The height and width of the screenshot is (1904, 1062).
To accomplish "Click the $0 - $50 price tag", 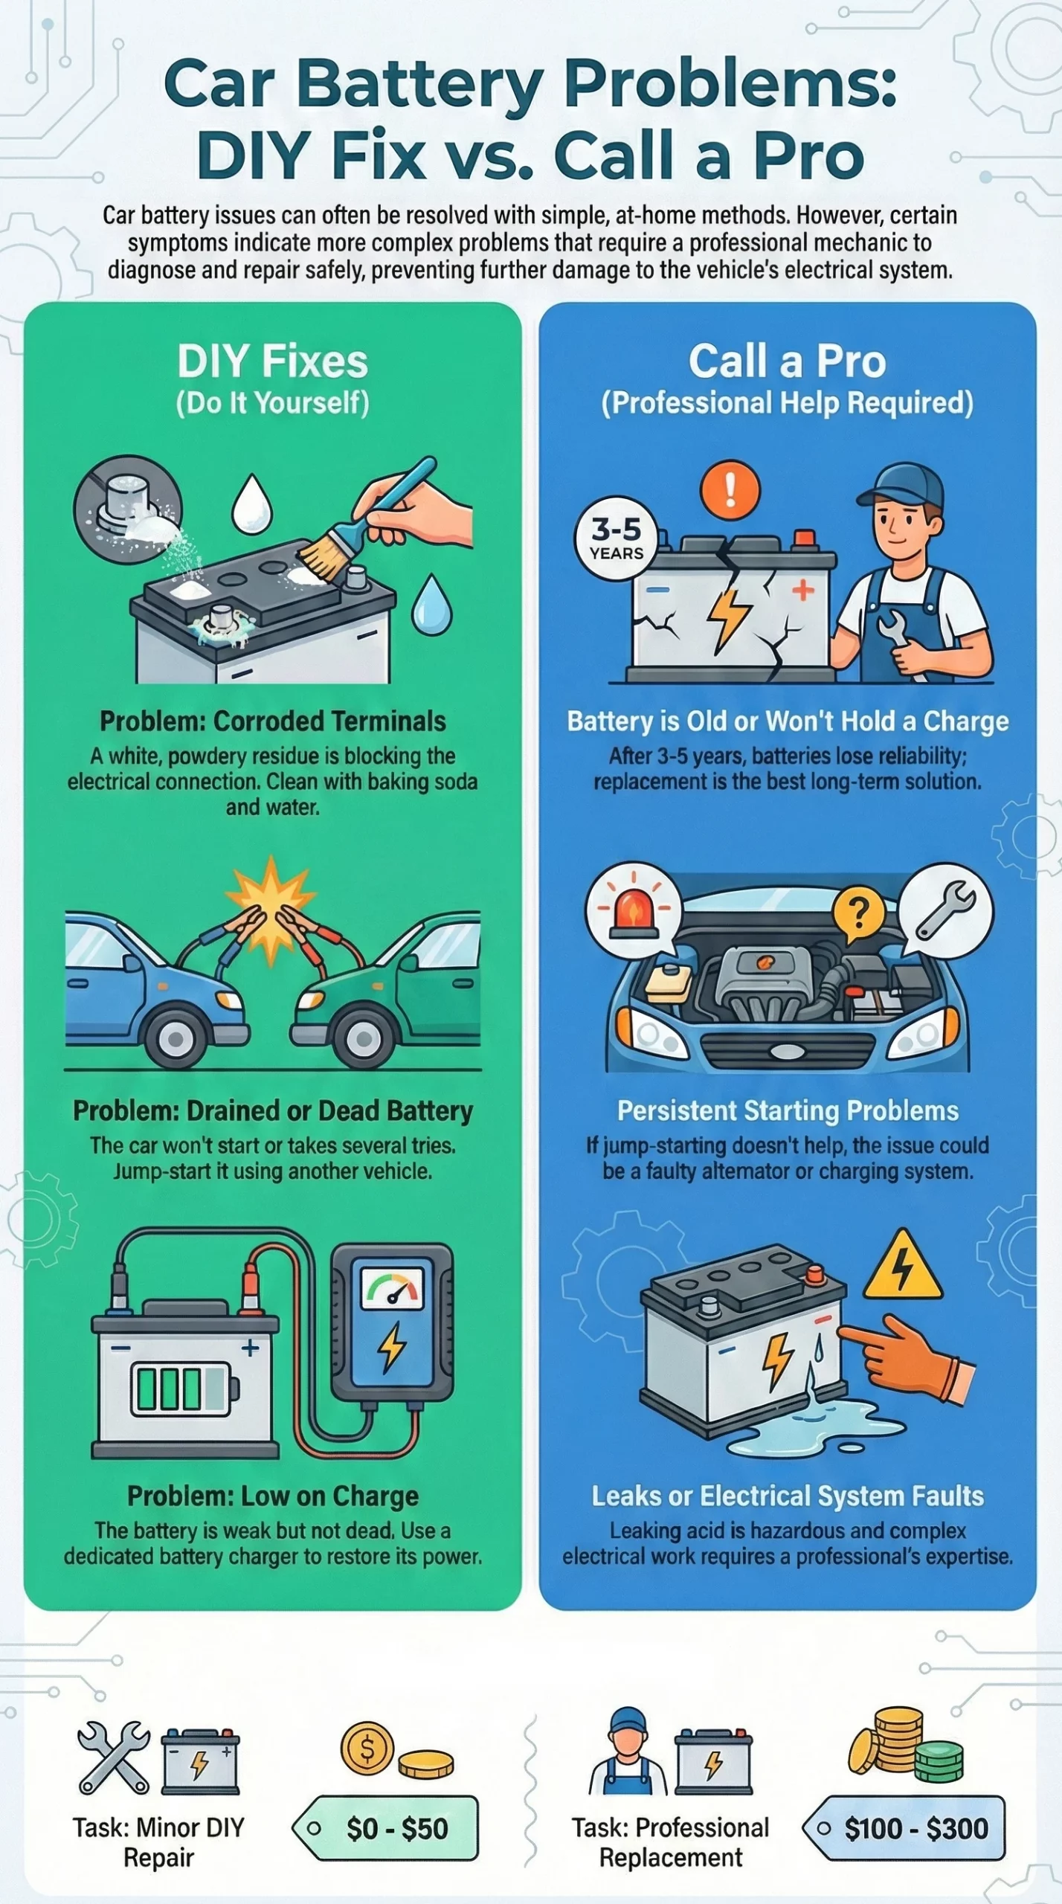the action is pyautogui.click(x=385, y=1827).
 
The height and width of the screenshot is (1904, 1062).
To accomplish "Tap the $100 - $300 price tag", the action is pyautogui.click(x=904, y=1827).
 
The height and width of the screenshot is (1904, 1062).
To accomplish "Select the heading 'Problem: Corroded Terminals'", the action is pyautogui.click(x=273, y=721).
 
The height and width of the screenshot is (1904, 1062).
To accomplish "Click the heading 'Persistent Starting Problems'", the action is pyautogui.click(x=788, y=1110).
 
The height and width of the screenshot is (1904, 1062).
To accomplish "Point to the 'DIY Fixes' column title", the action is pyautogui.click(x=273, y=361).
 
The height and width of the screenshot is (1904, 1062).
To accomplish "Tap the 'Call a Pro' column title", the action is pyautogui.click(x=788, y=361).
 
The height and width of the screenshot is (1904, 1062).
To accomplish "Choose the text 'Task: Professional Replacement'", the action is pyautogui.click(x=670, y=1842).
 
